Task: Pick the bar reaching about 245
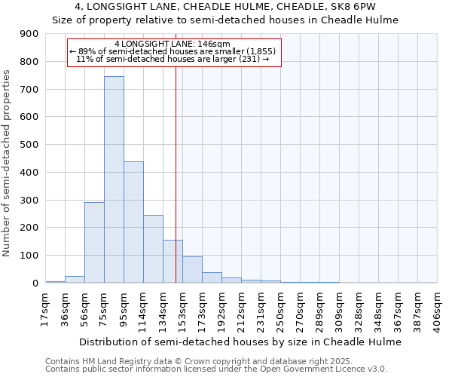(153, 249)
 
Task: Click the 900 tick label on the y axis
(29, 34)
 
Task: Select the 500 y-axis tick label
(29, 145)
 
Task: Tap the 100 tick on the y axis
(29, 256)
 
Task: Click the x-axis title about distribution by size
(240, 342)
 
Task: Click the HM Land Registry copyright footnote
(210, 361)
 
